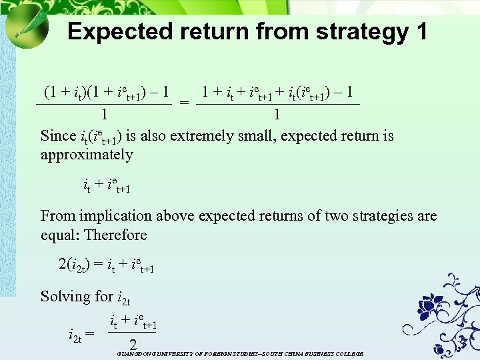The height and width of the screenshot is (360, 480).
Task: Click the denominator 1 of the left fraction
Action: point(104,115)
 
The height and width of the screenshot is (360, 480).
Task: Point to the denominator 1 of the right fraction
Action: point(277,115)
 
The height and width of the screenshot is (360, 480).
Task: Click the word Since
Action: point(58,136)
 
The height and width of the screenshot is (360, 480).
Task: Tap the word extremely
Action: point(204,136)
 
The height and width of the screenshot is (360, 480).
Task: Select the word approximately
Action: point(87,155)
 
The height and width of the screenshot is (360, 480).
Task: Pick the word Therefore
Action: point(116,235)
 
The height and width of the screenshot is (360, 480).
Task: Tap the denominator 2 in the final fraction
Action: point(133,345)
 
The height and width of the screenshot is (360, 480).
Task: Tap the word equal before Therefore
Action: point(59,235)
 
